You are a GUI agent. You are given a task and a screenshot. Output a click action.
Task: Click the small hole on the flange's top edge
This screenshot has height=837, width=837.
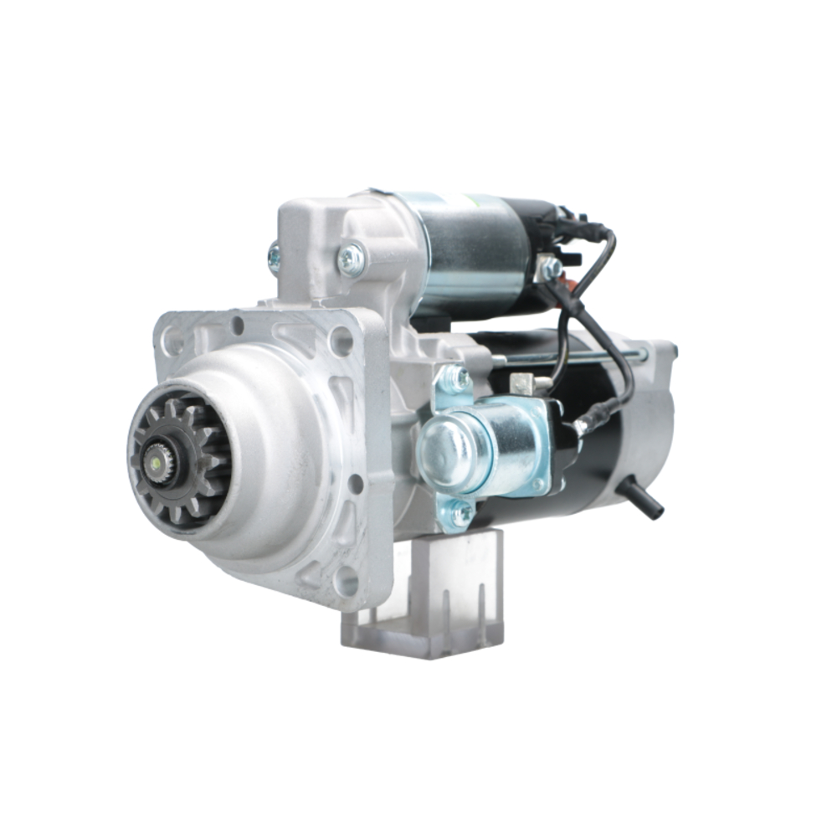tap(238, 324)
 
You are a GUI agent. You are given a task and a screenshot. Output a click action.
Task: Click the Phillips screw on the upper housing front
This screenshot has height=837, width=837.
tap(351, 259)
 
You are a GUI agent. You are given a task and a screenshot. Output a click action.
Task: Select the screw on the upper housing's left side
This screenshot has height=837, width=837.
tap(274, 257)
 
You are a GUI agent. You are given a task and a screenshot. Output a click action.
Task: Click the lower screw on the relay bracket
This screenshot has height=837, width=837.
tap(458, 512)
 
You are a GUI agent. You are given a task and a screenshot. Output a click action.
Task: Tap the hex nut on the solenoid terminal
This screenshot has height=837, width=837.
tap(550, 269)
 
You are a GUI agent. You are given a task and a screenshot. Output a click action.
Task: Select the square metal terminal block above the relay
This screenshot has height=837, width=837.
tap(521, 384)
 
